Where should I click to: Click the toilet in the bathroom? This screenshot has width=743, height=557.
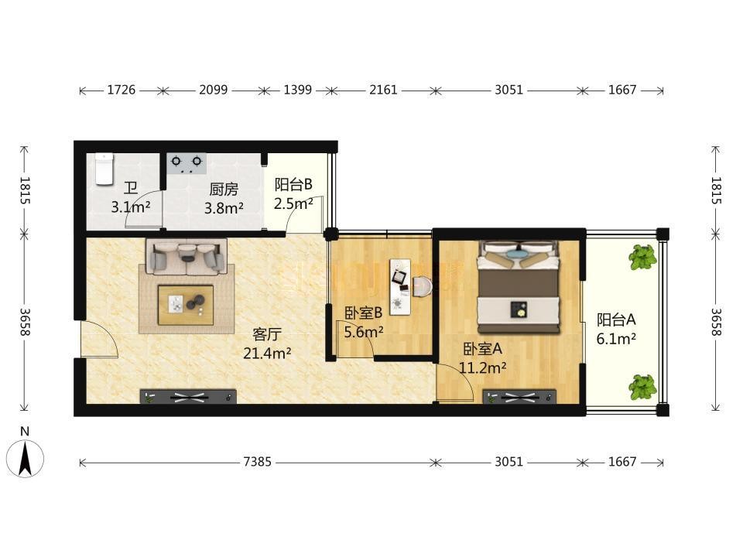(x=104, y=169)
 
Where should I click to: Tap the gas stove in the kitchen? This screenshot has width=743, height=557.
(x=187, y=163)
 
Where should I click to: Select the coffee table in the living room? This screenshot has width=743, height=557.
(x=186, y=305)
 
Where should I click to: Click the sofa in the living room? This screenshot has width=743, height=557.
(x=187, y=256)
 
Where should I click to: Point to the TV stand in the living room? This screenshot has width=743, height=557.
(x=188, y=397)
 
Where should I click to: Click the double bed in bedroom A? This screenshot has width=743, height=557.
(x=519, y=287)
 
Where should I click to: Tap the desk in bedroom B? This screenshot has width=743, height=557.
(x=400, y=286)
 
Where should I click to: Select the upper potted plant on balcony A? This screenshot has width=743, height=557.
(x=642, y=258)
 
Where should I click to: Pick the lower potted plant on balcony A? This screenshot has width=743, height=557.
(x=643, y=387)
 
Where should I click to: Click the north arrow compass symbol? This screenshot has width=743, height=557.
(x=25, y=458)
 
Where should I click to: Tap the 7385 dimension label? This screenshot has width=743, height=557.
(x=257, y=462)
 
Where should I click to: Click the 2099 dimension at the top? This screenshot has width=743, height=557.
(x=214, y=90)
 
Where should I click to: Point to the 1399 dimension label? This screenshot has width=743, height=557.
(x=297, y=90)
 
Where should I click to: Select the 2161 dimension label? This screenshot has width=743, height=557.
(x=383, y=90)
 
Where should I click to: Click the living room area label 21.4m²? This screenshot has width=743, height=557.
(x=267, y=353)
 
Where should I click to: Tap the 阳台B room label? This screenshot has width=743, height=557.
(x=293, y=184)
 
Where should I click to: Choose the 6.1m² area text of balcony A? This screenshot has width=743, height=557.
(x=616, y=339)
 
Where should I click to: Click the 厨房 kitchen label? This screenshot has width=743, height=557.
(x=224, y=190)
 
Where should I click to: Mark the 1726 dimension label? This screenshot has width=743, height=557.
(x=122, y=90)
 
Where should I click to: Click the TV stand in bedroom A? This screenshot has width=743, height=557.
(x=519, y=397)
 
